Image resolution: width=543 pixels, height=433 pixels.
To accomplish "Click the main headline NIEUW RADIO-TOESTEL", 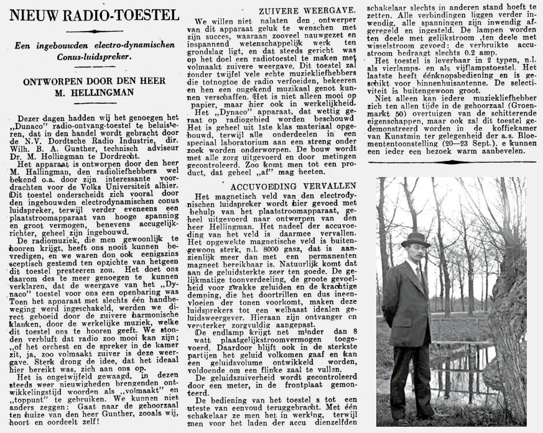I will [90, 13].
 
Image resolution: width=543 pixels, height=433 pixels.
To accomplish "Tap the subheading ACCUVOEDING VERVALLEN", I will [276, 186].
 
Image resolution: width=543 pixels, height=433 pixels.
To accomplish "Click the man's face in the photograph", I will [415, 251].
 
